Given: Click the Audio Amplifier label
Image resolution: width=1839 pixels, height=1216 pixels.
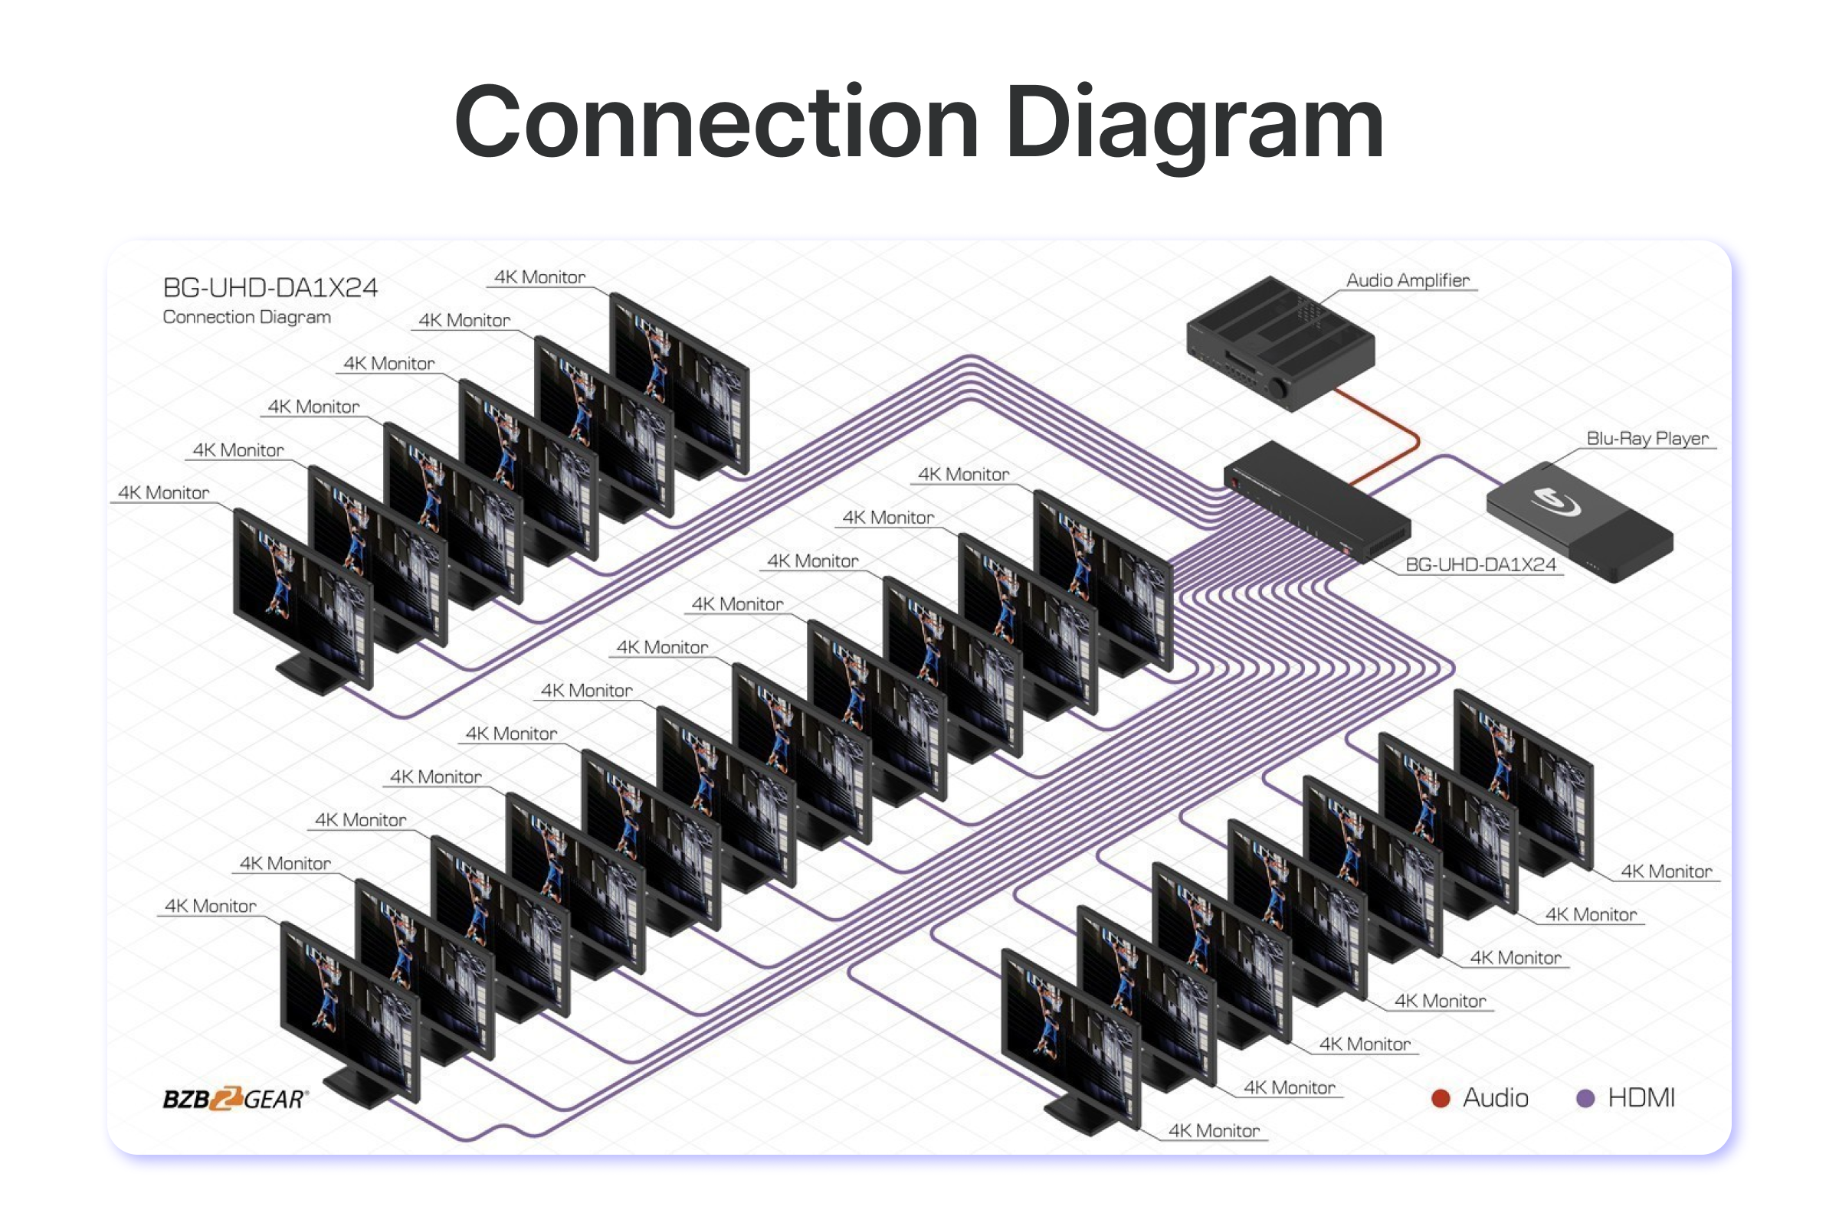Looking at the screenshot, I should pyautogui.click(x=1407, y=280).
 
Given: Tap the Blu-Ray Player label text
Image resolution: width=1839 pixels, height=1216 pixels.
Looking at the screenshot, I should pyautogui.click(x=1647, y=438).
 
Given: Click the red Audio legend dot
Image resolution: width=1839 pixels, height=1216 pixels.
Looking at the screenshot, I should pyautogui.click(x=1440, y=1098).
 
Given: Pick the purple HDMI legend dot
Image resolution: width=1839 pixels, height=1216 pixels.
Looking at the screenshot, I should pyautogui.click(x=1585, y=1098).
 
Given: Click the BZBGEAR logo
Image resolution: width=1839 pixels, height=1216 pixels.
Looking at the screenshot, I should pyautogui.click(x=235, y=1098).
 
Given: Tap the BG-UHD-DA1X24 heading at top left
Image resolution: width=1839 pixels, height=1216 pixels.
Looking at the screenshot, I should pyautogui.click(x=270, y=289).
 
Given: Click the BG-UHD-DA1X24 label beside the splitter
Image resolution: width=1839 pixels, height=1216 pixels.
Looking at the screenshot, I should pyautogui.click(x=1480, y=564).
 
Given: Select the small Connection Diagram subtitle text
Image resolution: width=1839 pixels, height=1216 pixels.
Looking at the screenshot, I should pyautogui.click(x=247, y=317).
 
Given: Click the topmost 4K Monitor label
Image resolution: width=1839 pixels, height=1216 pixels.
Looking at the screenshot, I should pyautogui.click(x=539, y=277).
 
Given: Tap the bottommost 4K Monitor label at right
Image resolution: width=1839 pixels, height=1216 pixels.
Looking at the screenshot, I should pyautogui.click(x=1214, y=1131).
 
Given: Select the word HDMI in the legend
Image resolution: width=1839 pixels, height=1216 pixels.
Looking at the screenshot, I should pyautogui.click(x=1641, y=1098).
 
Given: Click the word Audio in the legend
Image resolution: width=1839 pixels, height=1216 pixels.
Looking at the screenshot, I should pyautogui.click(x=1495, y=1098).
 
